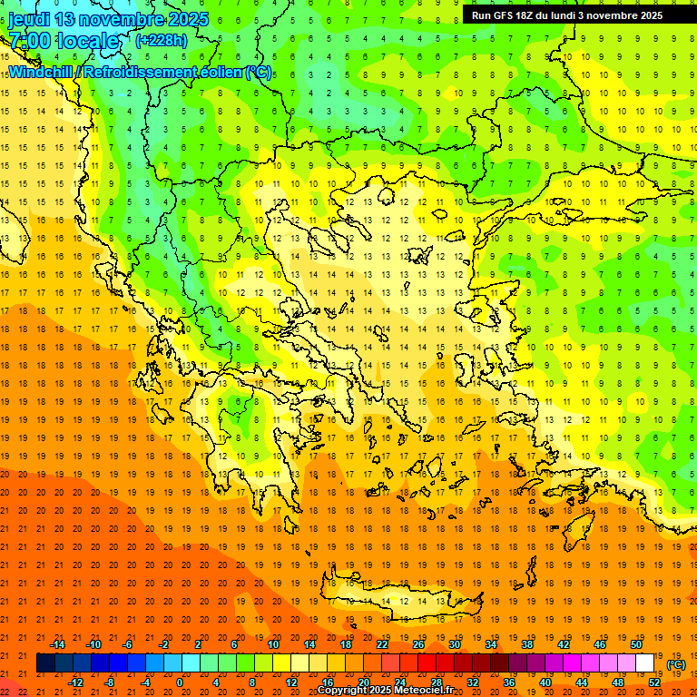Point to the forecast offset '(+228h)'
(x=162, y=40)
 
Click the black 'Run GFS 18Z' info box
(x=566, y=15)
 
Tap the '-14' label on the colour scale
(x=57, y=644)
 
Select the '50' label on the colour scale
(x=635, y=644)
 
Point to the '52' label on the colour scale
(x=653, y=682)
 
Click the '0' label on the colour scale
(x=180, y=682)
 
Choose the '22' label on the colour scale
(x=382, y=644)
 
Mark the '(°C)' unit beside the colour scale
(x=675, y=663)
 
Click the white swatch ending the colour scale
(x=644, y=663)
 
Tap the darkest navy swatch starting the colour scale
(x=45, y=663)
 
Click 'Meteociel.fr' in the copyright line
(x=423, y=691)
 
